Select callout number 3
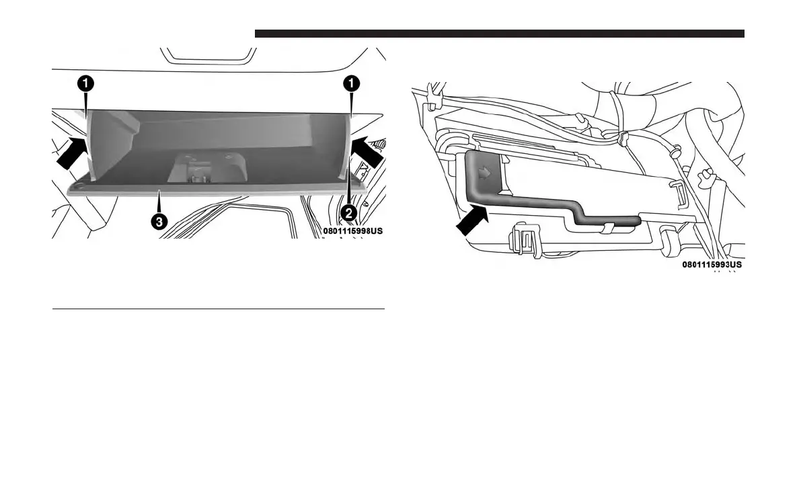[159, 223]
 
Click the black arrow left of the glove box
[71, 152]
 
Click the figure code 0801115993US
[712, 265]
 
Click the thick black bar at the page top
[499, 34]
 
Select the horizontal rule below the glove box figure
[219, 310]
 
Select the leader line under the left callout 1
[87, 102]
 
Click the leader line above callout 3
[159, 205]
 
